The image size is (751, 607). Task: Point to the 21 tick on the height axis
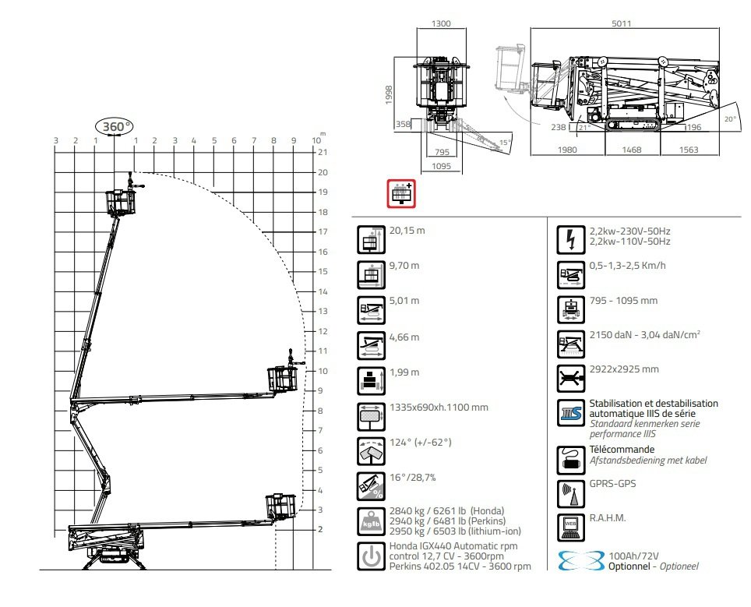coord(323,153)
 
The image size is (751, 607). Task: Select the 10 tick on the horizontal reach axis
coord(316,140)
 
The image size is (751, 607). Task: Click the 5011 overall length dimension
coord(621,23)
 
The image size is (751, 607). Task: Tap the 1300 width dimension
coord(441,23)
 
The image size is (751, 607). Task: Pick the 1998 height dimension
coord(389,95)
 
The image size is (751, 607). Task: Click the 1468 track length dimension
coord(631,150)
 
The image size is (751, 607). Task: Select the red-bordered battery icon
coord(401,193)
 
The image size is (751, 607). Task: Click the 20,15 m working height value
coord(407,231)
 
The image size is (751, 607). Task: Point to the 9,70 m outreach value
coord(404,266)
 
